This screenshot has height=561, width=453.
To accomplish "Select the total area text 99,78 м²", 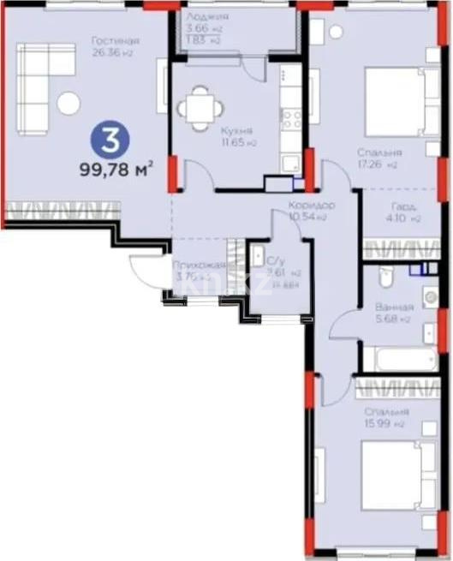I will point(115,169).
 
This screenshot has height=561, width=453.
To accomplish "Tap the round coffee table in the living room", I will point(69,104).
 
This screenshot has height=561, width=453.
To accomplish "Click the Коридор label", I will point(311,206).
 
